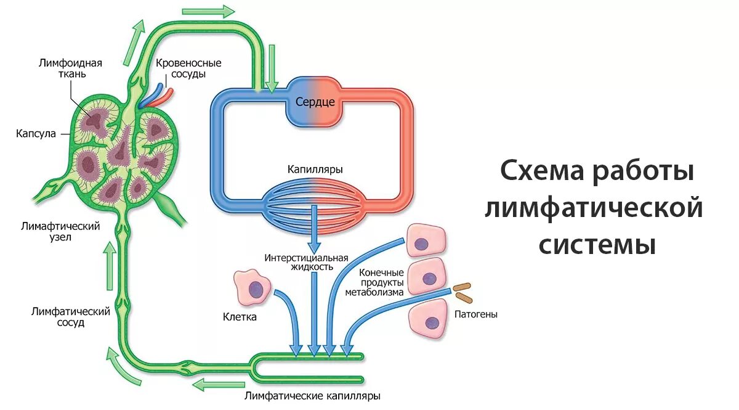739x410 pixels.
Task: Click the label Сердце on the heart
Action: pyautogui.click(x=315, y=102)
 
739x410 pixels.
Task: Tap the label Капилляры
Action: pyautogui.click(x=315, y=169)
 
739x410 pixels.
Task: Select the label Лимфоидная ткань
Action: pyautogui.click(x=70, y=68)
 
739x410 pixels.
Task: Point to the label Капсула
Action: pyautogui.click(x=36, y=133)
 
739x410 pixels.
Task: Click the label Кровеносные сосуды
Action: pyautogui.click(x=188, y=68)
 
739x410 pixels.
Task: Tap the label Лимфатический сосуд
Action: pyautogui.click(x=71, y=317)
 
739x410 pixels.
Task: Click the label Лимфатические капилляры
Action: pyautogui.click(x=312, y=396)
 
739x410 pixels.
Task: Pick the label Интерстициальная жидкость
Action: pyautogui.click(x=307, y=263)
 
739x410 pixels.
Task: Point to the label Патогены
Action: pyautogui.click(x=475, y=314)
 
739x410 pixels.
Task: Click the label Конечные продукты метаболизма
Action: pyautogui.click(x=374, y=282)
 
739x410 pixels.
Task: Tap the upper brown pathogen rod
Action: pyautogui.click(x=461, y=287)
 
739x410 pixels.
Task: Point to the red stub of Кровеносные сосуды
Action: pyautogui.click(x=166, y=94)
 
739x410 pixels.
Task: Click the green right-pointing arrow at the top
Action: pyautogui.click(x=209, y=11)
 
